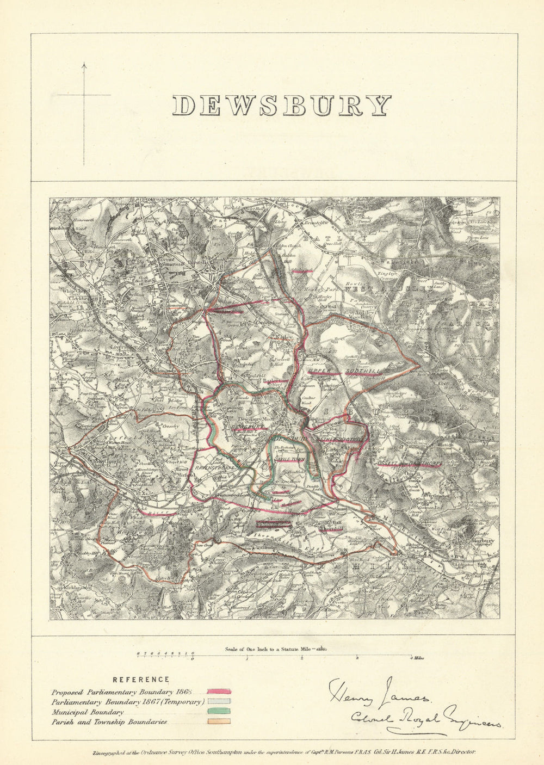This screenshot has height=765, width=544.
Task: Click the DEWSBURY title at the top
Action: click(x=281, y=106)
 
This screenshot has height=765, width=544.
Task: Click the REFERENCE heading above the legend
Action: click(x=140, y=680)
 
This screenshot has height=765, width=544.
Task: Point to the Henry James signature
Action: click(x=379, y=690)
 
